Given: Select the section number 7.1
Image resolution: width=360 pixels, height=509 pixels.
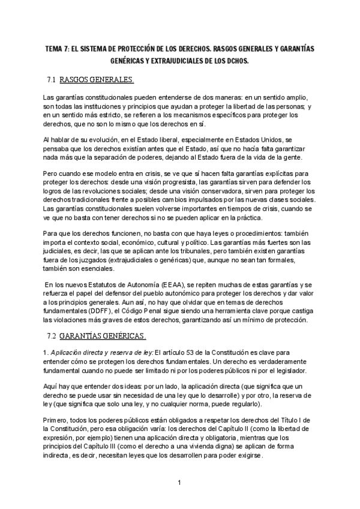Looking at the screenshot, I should tap(52, 79).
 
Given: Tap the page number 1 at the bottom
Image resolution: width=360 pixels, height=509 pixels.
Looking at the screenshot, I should tap(179, 481).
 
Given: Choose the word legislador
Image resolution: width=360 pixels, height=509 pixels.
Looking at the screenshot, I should tap(291, 372).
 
